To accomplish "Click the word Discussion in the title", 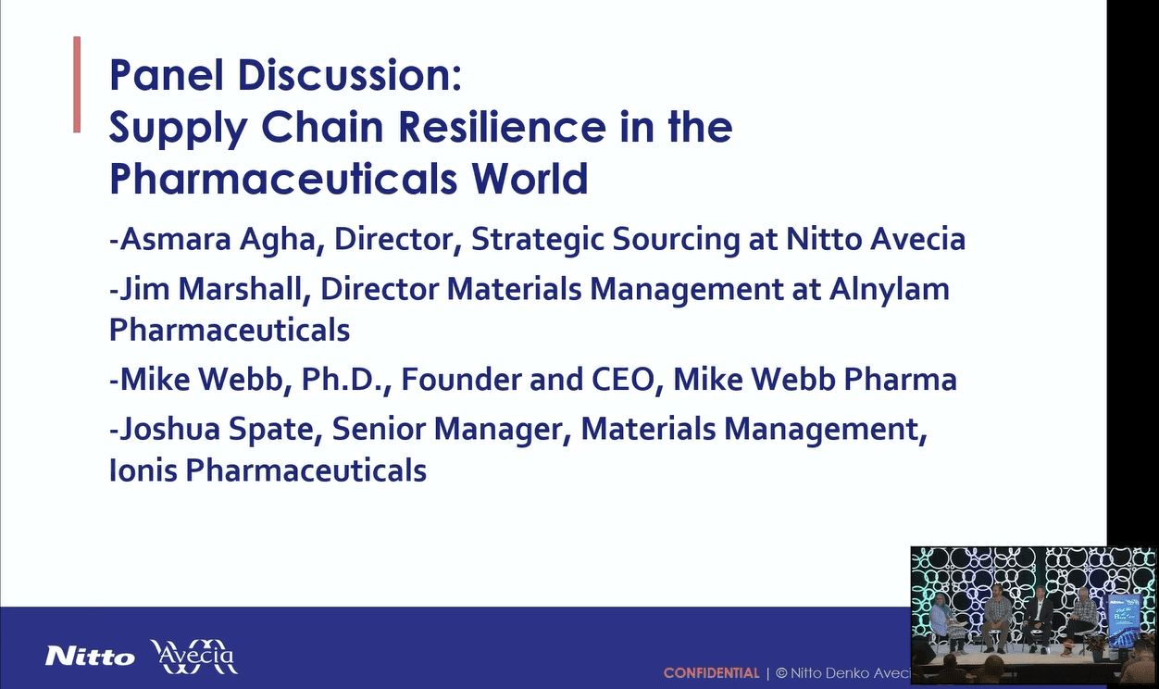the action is [349, 76].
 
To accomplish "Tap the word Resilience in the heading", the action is [503, 127].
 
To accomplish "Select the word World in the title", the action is [530, 179].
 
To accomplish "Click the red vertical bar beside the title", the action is [77, 84].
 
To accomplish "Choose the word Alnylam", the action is [890, 290].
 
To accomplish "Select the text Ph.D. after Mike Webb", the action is [345, 380].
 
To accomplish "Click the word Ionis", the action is [143, 470].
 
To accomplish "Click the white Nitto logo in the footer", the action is [90, 657].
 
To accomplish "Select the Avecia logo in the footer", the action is [194, 657].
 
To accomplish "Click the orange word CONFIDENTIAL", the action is [712, 673].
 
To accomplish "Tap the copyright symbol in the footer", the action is [781, 673].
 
